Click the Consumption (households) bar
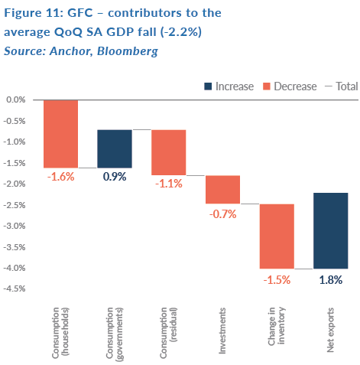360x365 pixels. click(x=60, y=134)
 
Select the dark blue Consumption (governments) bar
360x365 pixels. click(x=115, y=148)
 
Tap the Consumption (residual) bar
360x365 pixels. click(x=169, y=152)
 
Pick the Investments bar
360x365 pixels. click(x=222, y=190)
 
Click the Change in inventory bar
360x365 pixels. click(x=277, y=236)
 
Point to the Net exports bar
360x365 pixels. click(x=331, y=230)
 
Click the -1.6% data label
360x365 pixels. click(x=61, y=177)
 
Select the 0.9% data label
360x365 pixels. click(x=115, y=177)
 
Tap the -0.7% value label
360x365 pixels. click(x=223, y=214)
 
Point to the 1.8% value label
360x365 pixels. click(x=331, y=280)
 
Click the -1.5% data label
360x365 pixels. click(x=277, y=280)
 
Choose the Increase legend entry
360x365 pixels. click(x=229, y=86)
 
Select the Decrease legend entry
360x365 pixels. click(x=290, y=86)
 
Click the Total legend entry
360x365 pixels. click(x=342, y=86)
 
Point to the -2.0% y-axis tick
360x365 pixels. click(x=15, y=184)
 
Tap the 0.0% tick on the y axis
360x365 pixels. click(x=16, y=99)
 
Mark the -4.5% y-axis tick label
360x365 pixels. click(x=15, y=288)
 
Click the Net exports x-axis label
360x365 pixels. click(x=330, y=330)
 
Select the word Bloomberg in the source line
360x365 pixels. click(x=128, y=51)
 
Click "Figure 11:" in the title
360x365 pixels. click(x=34, y=13)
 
